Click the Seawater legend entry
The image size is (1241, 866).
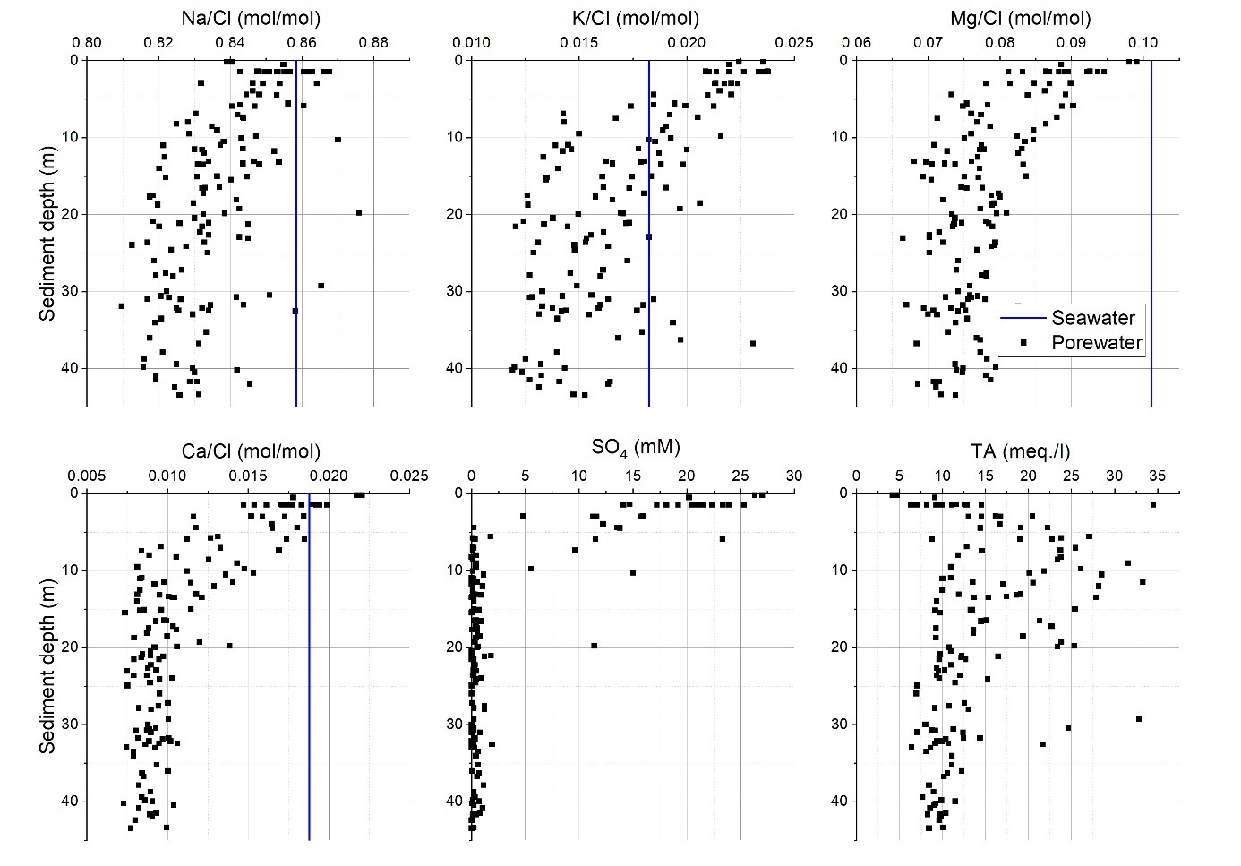point(1092,318)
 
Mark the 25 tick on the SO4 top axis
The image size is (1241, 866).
point(740,476)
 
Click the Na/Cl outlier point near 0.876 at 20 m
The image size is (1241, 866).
point(359,212)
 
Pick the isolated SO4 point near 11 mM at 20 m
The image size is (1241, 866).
point(594,645)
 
